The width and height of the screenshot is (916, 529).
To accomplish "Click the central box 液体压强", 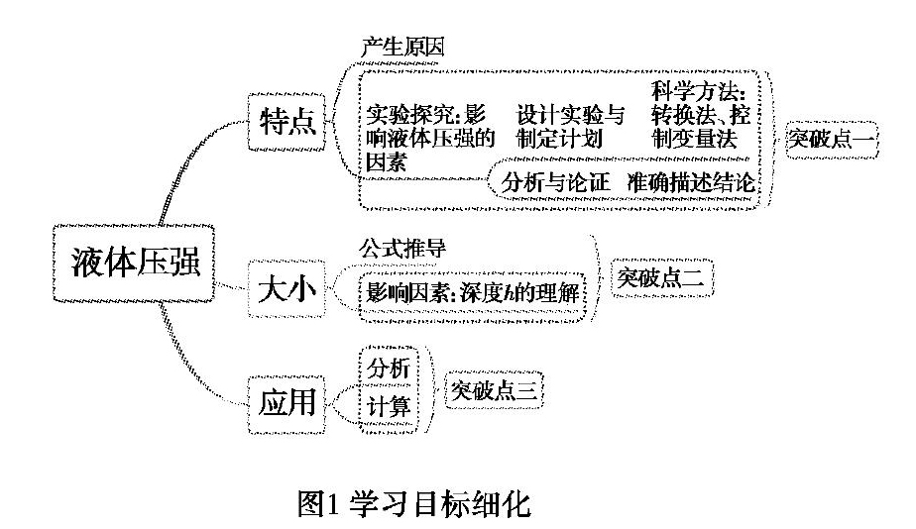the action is tap(134, 263).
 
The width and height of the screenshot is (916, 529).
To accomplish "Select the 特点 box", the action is tap(286, 122).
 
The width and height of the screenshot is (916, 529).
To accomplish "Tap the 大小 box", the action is tap(286, 289).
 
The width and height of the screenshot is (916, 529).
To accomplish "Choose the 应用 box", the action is tap(286, 404).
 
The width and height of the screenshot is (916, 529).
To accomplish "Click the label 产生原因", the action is tap(402, 47).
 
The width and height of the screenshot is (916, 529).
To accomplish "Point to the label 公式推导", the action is tap(402, 248).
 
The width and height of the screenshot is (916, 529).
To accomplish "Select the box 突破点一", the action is tap(832, 140).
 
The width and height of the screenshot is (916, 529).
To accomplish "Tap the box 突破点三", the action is tap(494, 389).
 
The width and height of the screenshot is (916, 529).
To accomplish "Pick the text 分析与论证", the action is tap(555, 182).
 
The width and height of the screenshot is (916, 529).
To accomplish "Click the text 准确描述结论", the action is tap(691, 182).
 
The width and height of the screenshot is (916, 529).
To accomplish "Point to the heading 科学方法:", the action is tap(699, 92).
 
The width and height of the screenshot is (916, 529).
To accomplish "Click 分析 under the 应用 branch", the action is tap(389, 368).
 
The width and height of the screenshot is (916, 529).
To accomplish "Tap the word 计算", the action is tap(389, 407).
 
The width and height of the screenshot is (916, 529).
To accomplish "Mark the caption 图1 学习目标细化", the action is tap(414, 503).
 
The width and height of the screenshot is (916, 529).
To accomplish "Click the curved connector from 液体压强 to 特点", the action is tap(184, 160).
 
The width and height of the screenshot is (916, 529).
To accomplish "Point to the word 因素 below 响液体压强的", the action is tap(386, 162).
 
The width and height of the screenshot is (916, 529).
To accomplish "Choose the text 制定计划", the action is tap(559, 139).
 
